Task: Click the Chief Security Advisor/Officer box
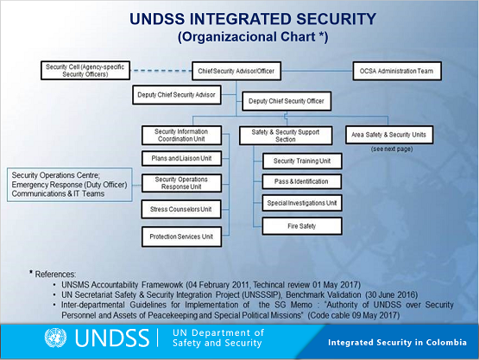pos(236,71)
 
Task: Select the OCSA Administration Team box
pos(397,71)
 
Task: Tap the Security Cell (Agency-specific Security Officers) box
pos(85,71)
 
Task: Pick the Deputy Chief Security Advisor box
pos(177,95)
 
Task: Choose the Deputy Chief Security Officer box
pos(287,101)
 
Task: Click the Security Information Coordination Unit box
pos(181,136)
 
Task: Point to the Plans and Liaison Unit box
pos(181,158)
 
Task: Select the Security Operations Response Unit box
pos(181,183)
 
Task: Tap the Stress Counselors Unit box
pos(181,209)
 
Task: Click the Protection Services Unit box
pos(181,237)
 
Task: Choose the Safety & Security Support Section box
pos(286,136)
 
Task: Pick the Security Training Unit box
pos(302,161)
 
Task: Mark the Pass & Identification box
pos(301,181)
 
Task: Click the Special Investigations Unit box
pos(302,203)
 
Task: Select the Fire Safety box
pos(302,226)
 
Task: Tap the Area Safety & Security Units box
pos(389,135)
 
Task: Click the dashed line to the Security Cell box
pos(161,71)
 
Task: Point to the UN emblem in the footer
pos(55,338)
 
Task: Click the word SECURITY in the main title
pos(336,19)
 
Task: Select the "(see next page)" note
pos(392,149)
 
